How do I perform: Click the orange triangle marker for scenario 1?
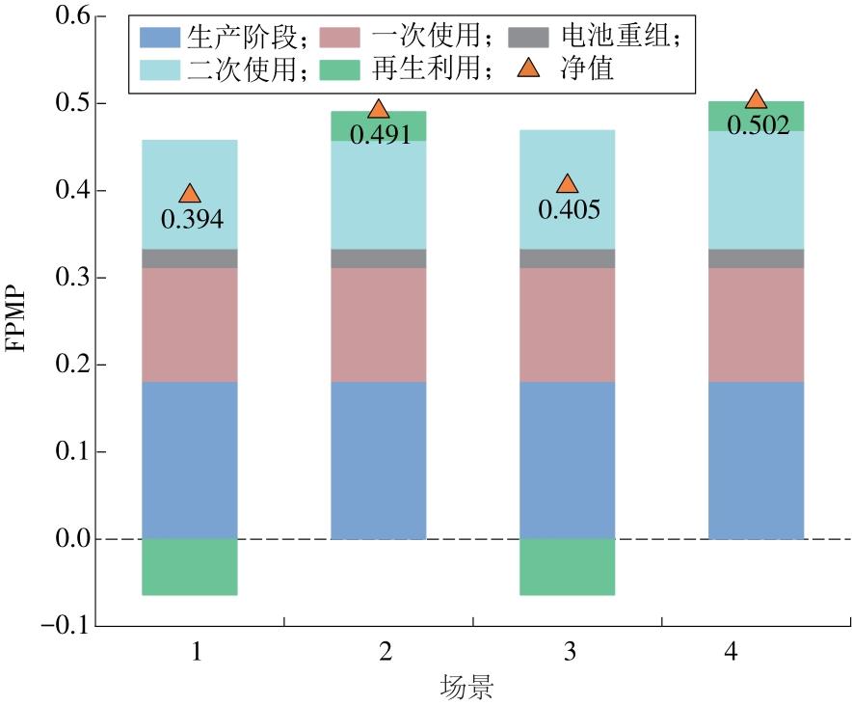point(190,194)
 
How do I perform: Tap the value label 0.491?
point(380,134)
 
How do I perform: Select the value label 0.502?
point(758,124)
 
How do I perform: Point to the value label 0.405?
point(569,209)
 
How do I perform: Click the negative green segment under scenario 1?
point(190,566)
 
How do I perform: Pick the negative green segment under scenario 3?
point(568,566)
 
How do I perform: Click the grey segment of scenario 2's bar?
point(379,258)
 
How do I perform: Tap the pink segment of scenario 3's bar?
point(568,325)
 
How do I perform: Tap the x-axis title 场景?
point(467,687)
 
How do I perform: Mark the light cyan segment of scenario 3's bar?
point(568,189)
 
